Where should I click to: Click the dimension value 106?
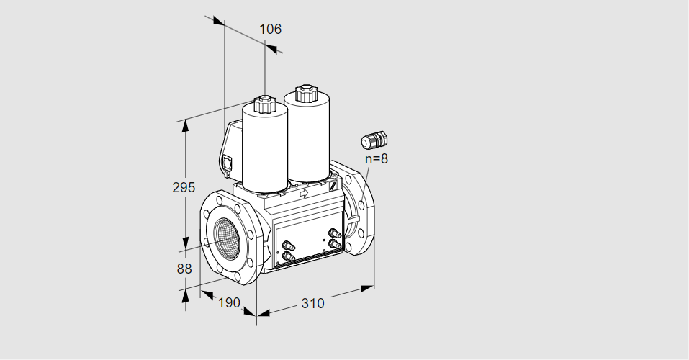(270, 29)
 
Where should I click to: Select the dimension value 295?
(184, 187)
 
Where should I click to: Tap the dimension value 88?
(184, 269)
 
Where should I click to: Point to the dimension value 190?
(229, 302)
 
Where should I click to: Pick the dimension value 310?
(312, 303)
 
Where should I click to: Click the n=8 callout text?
(377, 158)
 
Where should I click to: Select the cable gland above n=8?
(374, 140)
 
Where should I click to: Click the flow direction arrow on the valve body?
(303, 192)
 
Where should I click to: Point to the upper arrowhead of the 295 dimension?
(186, 125)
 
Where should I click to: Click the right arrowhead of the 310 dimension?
(367, 288)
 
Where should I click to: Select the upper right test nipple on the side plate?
(335, 233)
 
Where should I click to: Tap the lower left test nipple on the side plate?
(288, 256)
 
